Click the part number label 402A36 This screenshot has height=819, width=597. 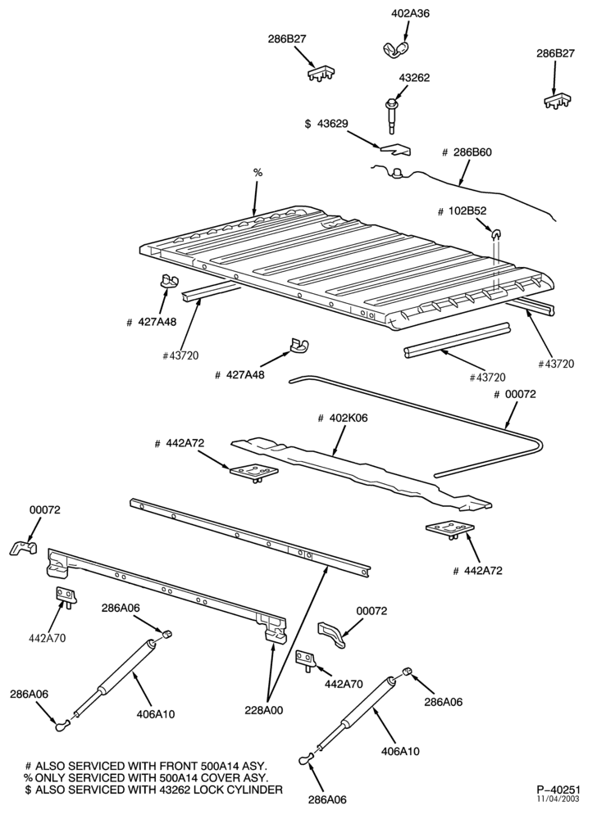point(410,13)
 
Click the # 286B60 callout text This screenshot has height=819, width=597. point(467,152)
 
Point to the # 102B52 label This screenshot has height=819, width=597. point(463,210)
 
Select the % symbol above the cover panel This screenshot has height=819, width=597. point(257,172)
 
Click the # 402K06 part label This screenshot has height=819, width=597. point(343,419)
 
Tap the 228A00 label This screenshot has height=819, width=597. point(263,710)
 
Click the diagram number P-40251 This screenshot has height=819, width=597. point(558,789)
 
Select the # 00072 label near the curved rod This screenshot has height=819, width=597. point(515,395)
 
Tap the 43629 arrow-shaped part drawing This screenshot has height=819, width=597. point(394,149)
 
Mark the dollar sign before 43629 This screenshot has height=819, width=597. point(308,124)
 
